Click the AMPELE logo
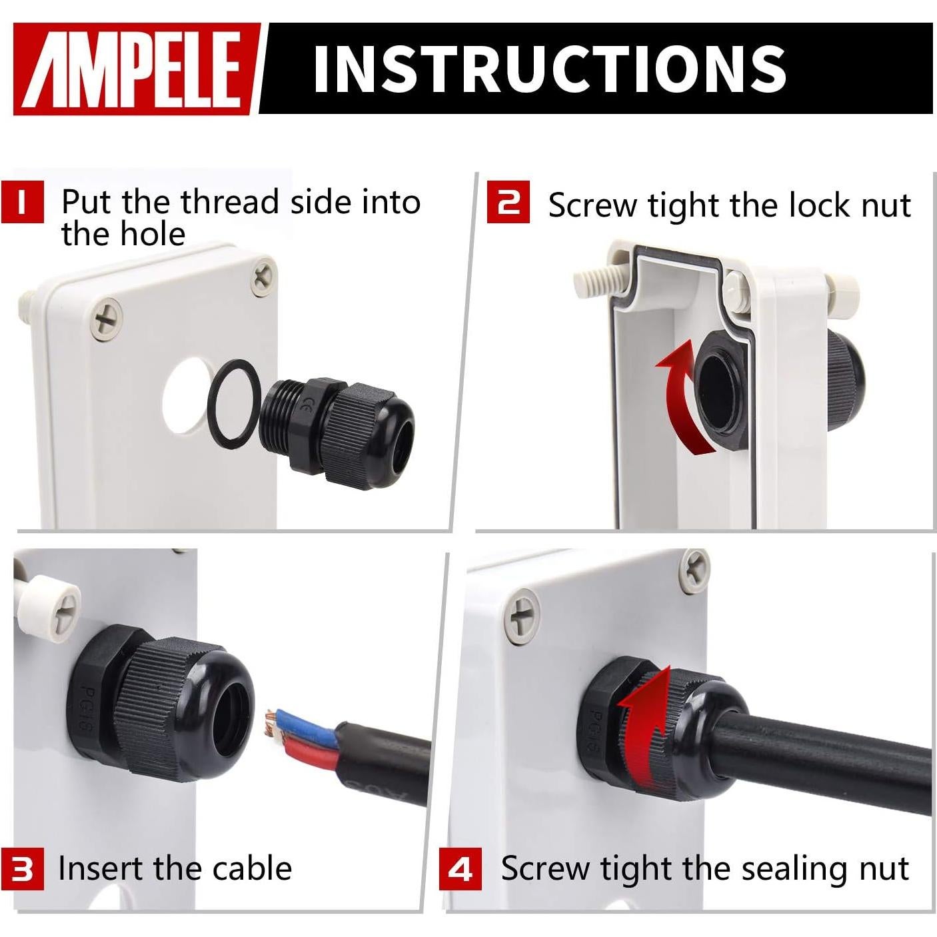pyautogui.click(x=137, y=69)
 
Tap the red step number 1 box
pyautogui.click(x=22, y=201)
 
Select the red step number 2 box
pyautogui.click(x=508, y=203)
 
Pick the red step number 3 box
pyautogui.click(x=22, y=868)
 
